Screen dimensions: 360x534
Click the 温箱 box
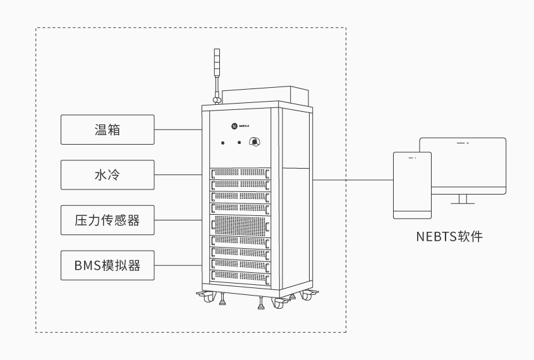click(x=107, y=129)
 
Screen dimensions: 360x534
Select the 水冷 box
click(x=107, y=174)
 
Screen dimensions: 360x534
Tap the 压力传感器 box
click(x=107, y=220)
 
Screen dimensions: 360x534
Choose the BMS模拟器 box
click(x=107, y=265)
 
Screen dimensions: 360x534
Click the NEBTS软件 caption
click(x=449, y=237)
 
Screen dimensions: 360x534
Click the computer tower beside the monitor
click(x=412, y=184)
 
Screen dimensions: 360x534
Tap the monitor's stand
click(x=463, y=200)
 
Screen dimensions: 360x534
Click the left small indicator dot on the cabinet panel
click(x=223, y=143)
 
